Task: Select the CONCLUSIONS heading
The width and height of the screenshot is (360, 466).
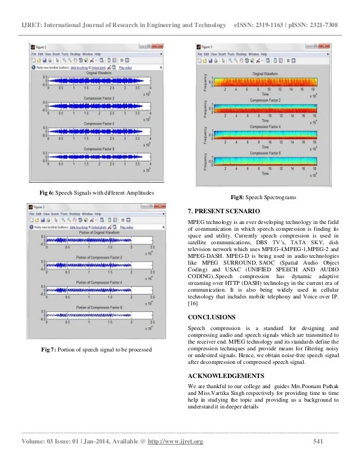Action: tap(212, 317)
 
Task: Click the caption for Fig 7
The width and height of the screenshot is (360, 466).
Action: tap(96, 350)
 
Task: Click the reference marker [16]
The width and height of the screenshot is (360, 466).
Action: tap(192, 304)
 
